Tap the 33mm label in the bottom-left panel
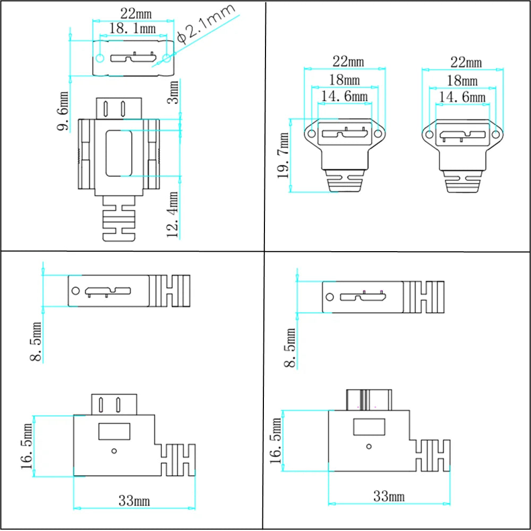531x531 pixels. click(134, 501)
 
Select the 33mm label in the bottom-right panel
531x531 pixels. click(389, 497)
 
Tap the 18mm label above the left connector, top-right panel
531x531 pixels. click(344, 80)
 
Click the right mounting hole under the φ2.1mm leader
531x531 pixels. click(167, 57)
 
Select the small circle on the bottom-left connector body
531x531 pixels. click(114, 451)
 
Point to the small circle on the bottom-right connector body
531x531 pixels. click(369, 447)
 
